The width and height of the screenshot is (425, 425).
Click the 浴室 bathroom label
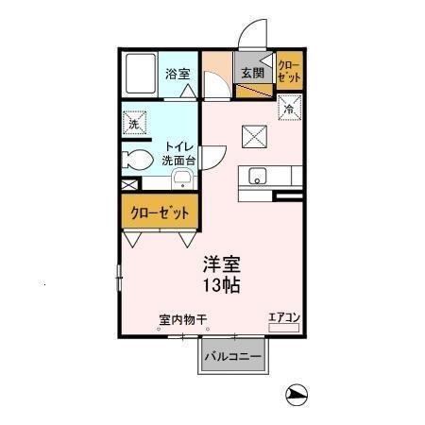177,73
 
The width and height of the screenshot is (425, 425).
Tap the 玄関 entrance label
250,73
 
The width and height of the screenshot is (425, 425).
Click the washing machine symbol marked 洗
135,122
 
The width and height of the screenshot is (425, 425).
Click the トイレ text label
178,145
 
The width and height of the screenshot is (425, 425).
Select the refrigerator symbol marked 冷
289,108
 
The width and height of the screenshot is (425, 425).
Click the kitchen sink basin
257,176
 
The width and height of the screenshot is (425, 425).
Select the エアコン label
282,316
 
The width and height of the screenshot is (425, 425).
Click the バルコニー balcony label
233,357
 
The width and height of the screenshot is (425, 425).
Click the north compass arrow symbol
297,395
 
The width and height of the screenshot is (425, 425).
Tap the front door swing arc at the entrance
249,36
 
